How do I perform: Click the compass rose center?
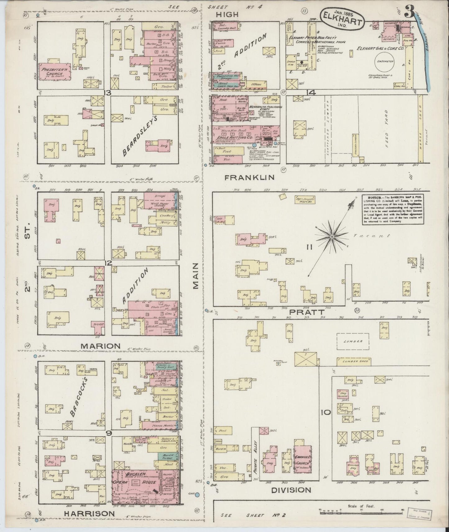click(x=332, y=237)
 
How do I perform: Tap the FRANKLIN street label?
click(x=250, y=177)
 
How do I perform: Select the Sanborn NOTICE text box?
click(x=393, y=209)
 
